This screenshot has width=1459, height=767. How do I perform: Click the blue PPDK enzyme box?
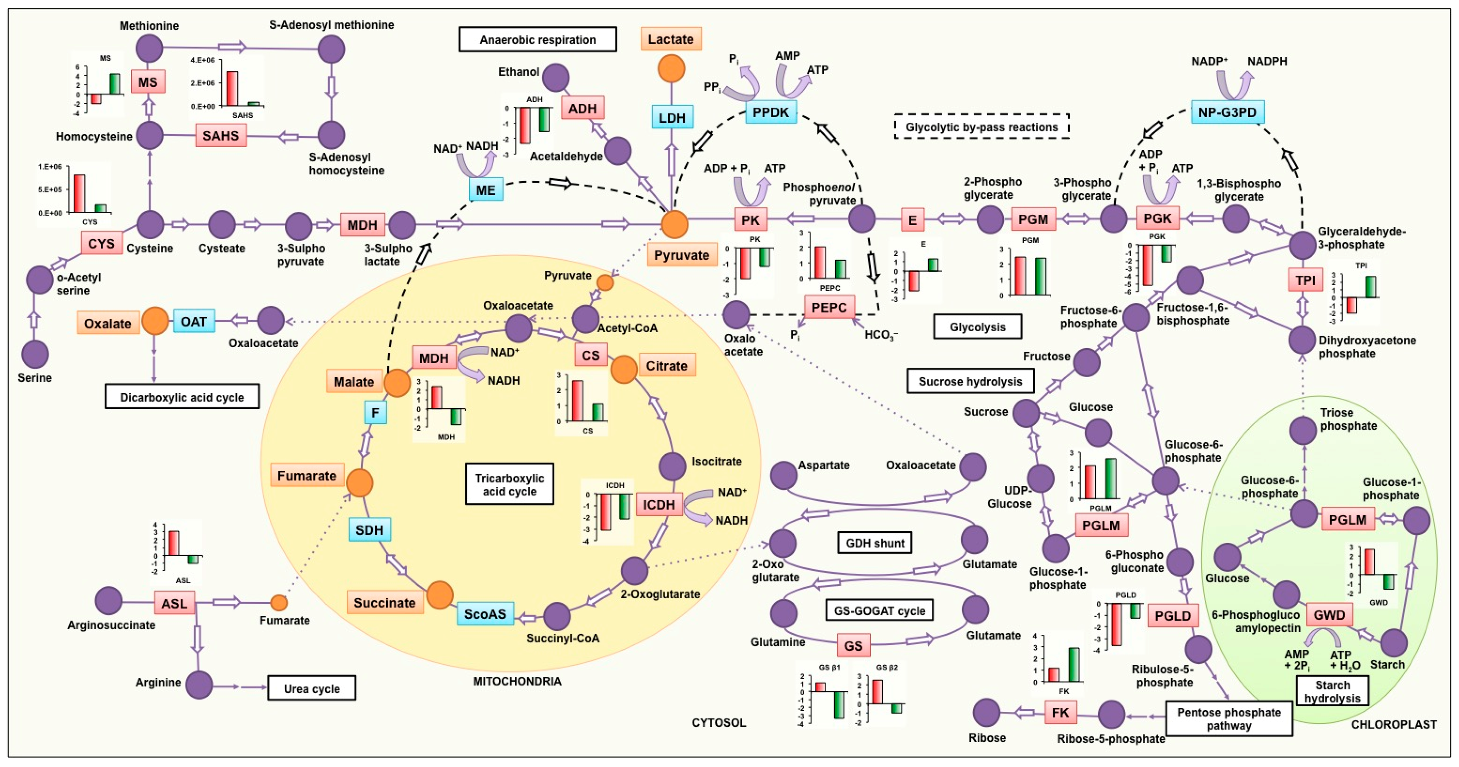770,112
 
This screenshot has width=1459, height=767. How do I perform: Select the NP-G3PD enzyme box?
1227,112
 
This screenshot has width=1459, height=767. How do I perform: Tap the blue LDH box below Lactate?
672,118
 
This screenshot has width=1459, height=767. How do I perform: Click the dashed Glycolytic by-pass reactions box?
981,127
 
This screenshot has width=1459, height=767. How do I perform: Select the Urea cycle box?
311,688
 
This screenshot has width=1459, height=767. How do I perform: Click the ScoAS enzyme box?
485,613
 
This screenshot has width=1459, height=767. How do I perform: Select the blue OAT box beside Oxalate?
194,322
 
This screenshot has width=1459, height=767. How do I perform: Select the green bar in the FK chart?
1073,664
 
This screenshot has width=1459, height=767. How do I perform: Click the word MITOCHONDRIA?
517,681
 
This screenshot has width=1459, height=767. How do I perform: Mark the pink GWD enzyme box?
1329,615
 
